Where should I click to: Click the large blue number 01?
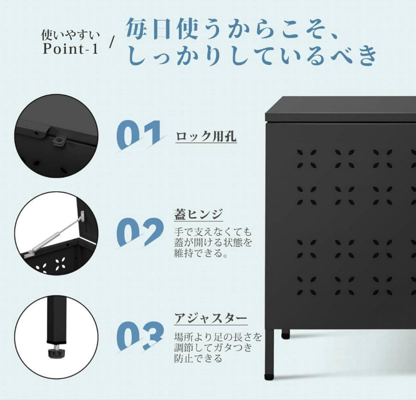[x=139, y=135]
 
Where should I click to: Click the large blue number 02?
[x=140, y=232]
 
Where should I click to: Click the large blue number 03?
[x=140, y=335]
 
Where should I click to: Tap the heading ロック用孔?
[x=206, y=137]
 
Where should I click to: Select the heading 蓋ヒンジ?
[x=198, y=215]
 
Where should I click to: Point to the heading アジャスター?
[x=210, y=318]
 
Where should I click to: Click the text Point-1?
[x=71, y=49]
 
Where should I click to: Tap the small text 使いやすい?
[x=70, y=36]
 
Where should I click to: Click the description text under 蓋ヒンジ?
[x=213, y=243]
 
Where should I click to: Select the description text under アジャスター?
[x=218, y=348]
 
